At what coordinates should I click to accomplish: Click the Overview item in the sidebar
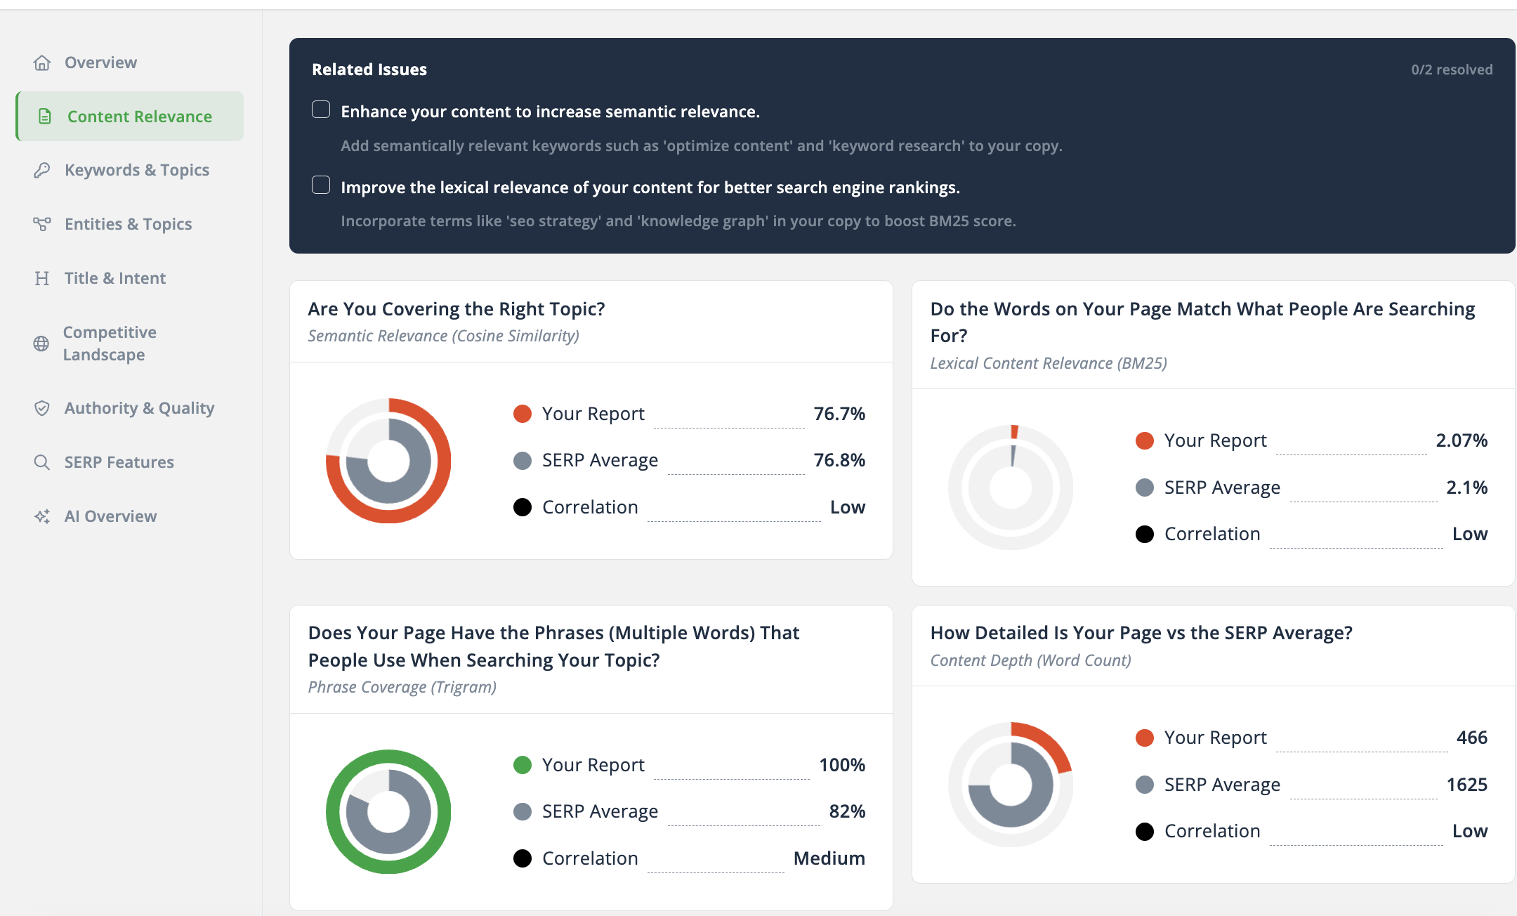click(100, 63)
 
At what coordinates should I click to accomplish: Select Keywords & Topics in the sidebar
click(136, 170)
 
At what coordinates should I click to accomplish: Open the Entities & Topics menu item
click(128, 224)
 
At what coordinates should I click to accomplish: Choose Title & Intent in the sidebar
click(114, 278)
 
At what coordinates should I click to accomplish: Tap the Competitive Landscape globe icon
click(41, 343)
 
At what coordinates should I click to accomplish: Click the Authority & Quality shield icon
click(42, 408)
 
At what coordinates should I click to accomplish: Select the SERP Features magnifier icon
click(42, 462)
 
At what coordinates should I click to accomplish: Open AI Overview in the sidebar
click(110, 516)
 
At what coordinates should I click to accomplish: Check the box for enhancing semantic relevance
click(321, 110)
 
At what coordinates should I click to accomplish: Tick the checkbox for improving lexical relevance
click(321, 185)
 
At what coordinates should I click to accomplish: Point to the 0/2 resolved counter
click(1452, 70)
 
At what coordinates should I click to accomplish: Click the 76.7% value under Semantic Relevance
click(839, 414)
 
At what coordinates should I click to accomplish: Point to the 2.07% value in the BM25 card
click(1461, 440)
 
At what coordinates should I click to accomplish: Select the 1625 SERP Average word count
click(1466, 785)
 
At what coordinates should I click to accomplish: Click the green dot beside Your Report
click(523, 765)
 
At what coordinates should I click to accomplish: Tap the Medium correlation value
click(829, 858)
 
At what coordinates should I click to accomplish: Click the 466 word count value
click(1471, 738)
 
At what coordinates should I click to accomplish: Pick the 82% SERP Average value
click(846, 811)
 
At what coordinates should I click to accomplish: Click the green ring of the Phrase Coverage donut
click(333, 812)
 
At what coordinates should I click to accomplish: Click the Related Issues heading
click(369, 70)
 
